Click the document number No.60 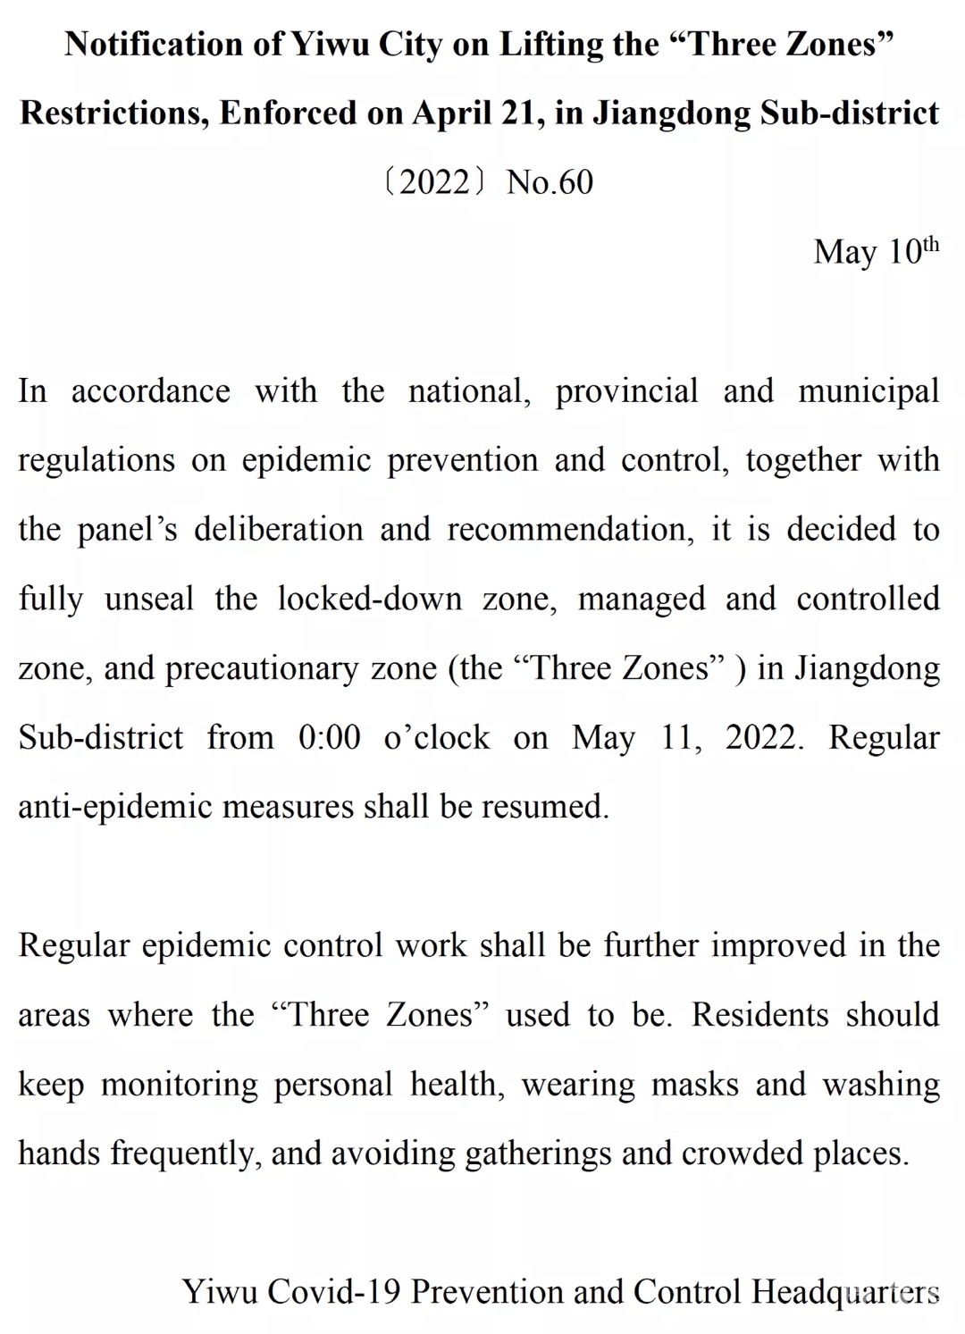[x=550, y=182]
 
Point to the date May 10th [x=876, y=251]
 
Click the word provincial [x=626, y=391]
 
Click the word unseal [x=148, y=599]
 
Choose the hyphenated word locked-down [x=369, y=599]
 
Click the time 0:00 [x=329, y=738]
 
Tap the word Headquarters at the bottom [x=845, y=1292]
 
